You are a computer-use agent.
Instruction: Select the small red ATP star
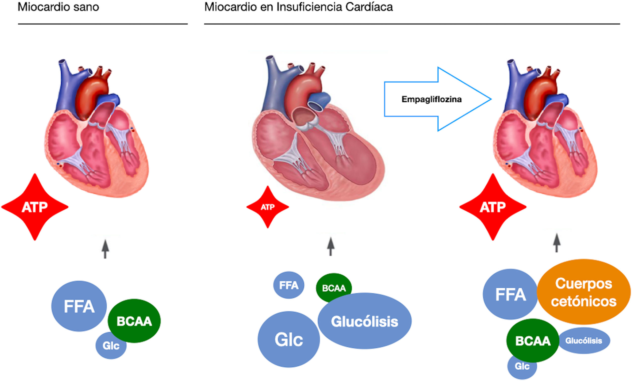point(268,207)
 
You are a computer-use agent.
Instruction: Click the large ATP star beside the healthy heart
point(35,207)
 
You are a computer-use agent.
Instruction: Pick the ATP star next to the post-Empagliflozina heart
point(493,207)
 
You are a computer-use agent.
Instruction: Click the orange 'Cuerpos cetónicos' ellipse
point(584,292)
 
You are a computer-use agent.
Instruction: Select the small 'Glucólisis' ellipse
point(584,341)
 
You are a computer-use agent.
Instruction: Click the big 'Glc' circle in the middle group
point(289,339)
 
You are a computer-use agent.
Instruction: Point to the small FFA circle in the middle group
point(289,285)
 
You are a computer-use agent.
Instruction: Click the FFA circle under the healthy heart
point(79,306)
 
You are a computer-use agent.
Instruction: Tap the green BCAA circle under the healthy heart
point(134,321)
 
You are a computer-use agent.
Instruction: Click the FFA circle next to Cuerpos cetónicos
point(510,294)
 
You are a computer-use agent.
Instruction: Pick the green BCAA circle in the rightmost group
point(533,341)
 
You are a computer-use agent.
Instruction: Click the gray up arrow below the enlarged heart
point(331,246)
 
